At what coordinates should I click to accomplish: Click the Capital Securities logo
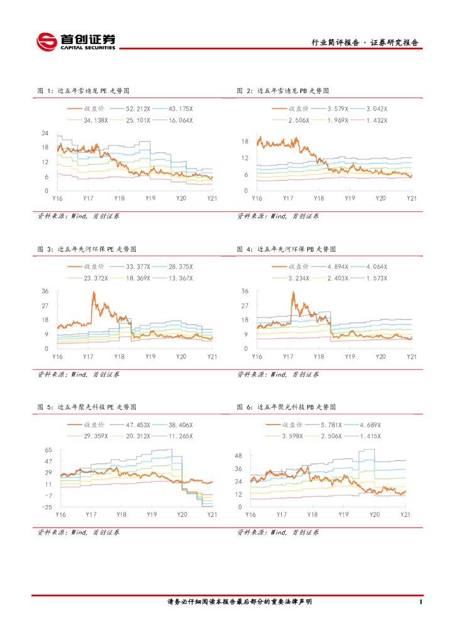point(77,42)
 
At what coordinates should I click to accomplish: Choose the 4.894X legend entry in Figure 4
point(337,267)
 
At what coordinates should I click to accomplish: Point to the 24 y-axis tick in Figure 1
point(45,133)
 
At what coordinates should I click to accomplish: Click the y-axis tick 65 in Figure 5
point(48,450)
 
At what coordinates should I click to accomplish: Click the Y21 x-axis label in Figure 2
point(412,198)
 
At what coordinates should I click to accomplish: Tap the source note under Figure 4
point(278,374)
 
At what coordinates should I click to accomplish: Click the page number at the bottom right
point(419,602)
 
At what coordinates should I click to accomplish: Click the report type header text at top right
point(365,43)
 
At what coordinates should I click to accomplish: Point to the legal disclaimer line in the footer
point(239,602)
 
